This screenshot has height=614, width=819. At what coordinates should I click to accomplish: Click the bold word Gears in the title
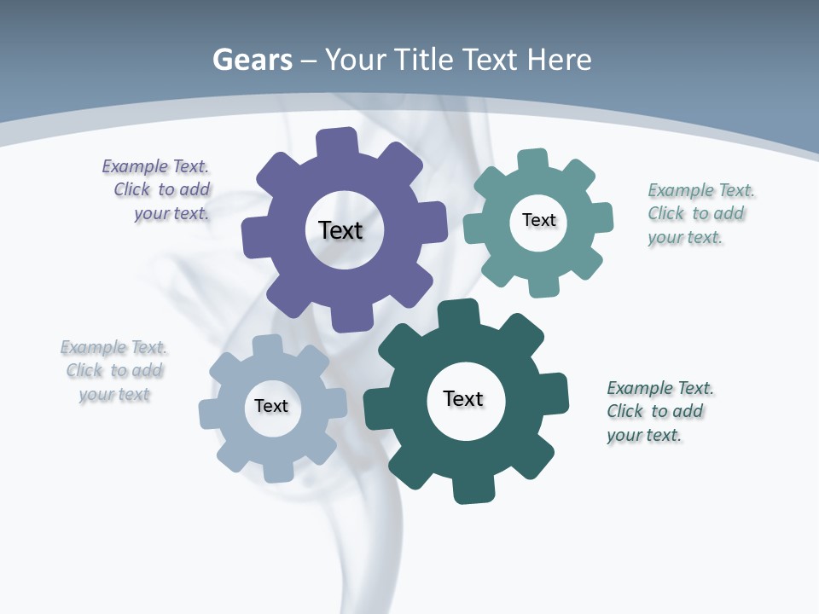(252, 61)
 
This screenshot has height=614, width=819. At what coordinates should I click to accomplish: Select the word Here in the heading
(560, 60)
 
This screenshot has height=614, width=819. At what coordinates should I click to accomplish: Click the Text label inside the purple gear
(340, 230)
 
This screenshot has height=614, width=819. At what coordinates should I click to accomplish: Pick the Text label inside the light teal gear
(538, 220)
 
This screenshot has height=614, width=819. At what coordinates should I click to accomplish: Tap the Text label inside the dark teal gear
(463, 399)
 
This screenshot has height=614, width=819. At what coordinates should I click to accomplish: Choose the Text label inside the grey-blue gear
(271, 407)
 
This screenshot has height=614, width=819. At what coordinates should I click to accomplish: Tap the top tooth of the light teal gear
(532, 160)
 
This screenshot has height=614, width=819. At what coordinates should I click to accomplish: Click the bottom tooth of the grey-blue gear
(278, 470)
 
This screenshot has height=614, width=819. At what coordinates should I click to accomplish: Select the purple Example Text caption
(157, 190)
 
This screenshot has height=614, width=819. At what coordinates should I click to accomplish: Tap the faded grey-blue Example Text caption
(114, 370)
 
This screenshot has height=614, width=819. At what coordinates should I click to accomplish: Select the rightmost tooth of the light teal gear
(601, 217)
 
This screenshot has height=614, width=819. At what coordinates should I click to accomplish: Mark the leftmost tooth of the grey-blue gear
(210, 413)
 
